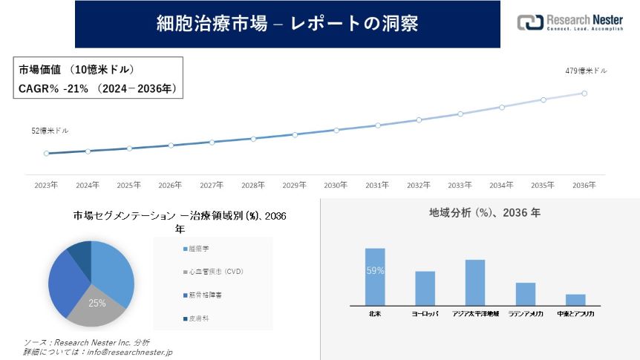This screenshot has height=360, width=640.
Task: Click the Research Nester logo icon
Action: click(x=529, y=22)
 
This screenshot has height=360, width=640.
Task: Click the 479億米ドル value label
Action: click(x=586, y=71)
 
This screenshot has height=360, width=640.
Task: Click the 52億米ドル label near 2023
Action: click(x=50, y=131)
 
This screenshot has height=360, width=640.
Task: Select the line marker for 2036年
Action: click(x=584, y=94)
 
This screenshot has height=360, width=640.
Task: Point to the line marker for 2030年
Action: click(x=336, y=130)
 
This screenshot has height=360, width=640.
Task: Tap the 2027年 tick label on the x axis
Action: click(x=212, y=185)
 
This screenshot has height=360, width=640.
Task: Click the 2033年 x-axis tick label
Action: click(x=460, y=185)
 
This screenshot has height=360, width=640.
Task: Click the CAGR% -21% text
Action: click(x=53, y=88)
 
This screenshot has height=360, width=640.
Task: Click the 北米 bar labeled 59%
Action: click(x=375, y=277)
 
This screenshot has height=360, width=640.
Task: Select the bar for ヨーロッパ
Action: click(x=425, y=288)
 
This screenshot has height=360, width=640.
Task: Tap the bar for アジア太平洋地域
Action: click(x=475, y=282)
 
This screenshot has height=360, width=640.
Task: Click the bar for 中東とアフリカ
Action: click(x=575, y=299)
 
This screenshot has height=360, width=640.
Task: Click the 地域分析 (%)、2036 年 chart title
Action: click(x=485, y=212)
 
